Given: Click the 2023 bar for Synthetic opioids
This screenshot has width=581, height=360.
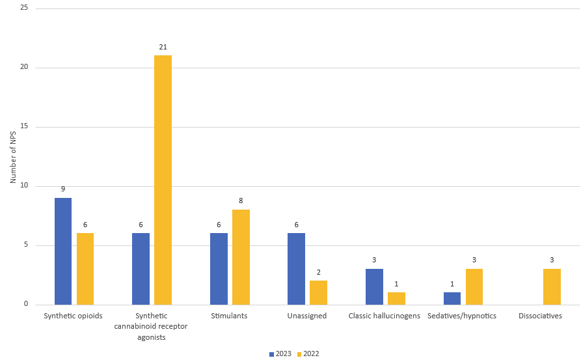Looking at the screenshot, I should pyautogui.click(x=63, y=251).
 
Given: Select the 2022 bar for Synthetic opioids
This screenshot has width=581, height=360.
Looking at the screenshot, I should pyautogui.click(x=85, y=269).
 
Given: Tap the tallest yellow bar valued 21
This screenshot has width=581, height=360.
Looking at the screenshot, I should pyautogui.click(x=163, y=180).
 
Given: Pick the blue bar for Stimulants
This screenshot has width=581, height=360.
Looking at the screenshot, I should pyautogui.click(x=219, y=269).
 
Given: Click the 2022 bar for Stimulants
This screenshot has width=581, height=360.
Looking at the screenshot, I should pyautogui.click(x=241, y=257).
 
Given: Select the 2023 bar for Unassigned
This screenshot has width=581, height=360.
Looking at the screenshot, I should pyautogui.click(x=296, y=269).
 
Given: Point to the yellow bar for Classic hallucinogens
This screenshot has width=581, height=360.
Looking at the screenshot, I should pyautogui.click(x=396, y=298).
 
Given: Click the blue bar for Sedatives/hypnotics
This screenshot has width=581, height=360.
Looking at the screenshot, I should pyautogui.click(x=452, y=298).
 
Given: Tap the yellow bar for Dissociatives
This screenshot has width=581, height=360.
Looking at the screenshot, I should pyautogui.click(x=552, y=286).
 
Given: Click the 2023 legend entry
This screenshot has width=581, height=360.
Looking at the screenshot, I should pyautogui.click(x=281, y=354).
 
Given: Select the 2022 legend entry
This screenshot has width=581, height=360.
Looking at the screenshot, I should pyautogui.click(x=308, y=354).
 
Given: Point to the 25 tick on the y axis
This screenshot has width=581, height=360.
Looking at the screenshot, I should pyautogui.click(x=23, y=8).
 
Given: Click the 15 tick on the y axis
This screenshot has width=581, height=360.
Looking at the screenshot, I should pyautogui.click(x=23, y=127).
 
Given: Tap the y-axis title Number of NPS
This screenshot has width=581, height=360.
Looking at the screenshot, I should pyautogui.click(x=12, y=156).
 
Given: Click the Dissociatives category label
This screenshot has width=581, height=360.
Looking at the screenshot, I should pyautogui.click(x=540, y=316).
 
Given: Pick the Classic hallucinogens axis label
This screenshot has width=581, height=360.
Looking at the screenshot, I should pyautogui.click(x=384, y=316).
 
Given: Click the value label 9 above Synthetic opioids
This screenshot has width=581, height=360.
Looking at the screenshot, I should pyautogui.click(x=63, y=189).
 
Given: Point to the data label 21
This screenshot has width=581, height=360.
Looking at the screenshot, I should pyautogui.click(x=163, y=47).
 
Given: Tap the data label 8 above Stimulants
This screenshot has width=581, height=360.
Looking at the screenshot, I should pyautogui.click(x=241, y=201).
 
